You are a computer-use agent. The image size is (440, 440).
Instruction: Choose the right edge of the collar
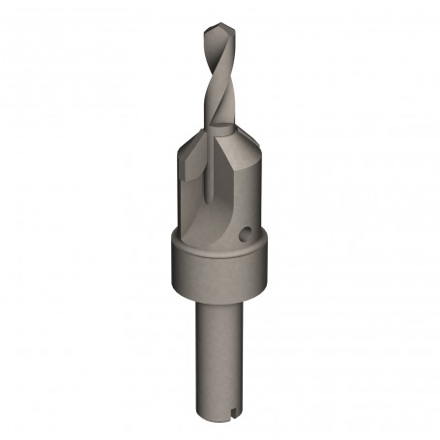click(x=267, y=269)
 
